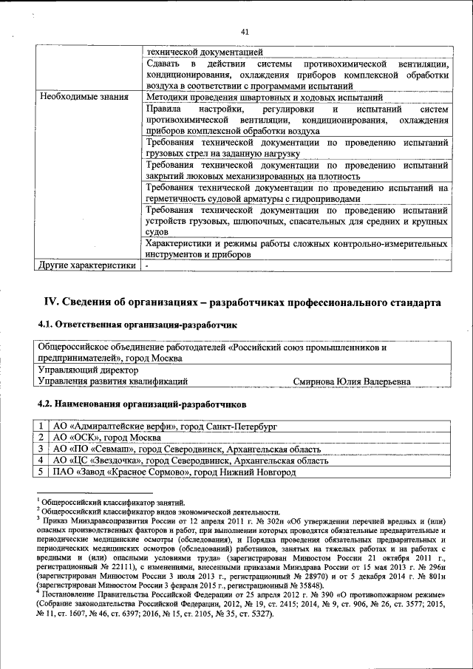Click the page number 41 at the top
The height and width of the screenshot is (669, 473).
245,31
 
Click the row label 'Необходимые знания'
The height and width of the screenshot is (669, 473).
84,97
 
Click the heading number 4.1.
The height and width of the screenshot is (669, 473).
47,325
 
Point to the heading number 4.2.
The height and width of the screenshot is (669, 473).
47,404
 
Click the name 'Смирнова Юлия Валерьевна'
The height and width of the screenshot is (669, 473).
351,381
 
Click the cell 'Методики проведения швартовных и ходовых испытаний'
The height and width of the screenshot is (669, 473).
263,97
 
